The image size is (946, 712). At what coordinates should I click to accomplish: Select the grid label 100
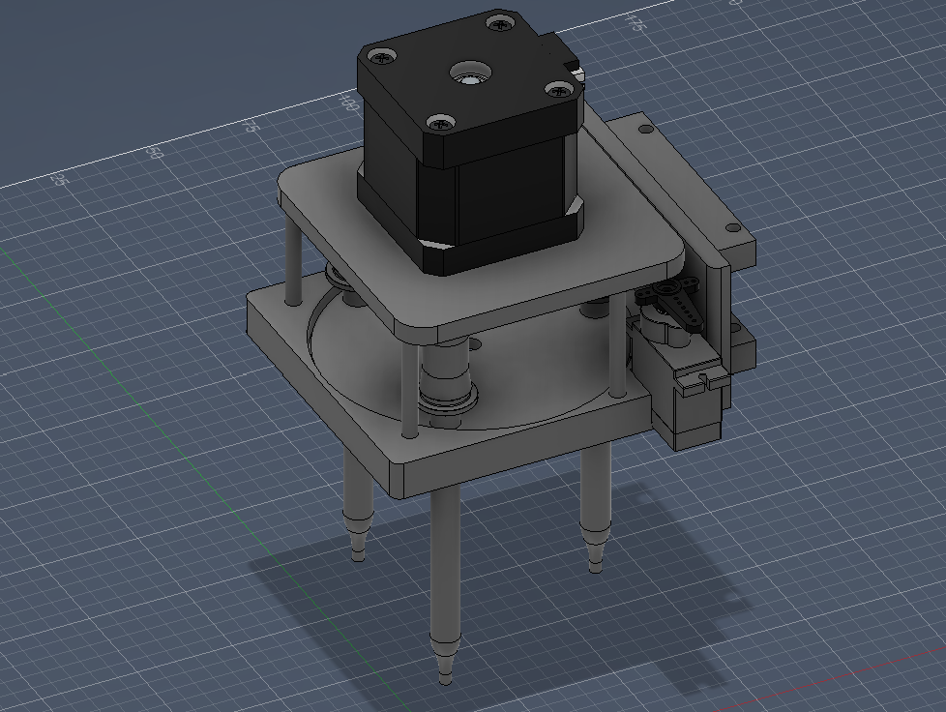(349, 100)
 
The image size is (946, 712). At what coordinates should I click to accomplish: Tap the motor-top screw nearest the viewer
(442, 123)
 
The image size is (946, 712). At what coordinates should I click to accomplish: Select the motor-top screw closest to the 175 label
(499, 20)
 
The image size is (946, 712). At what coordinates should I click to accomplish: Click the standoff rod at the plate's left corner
(290, 256)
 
